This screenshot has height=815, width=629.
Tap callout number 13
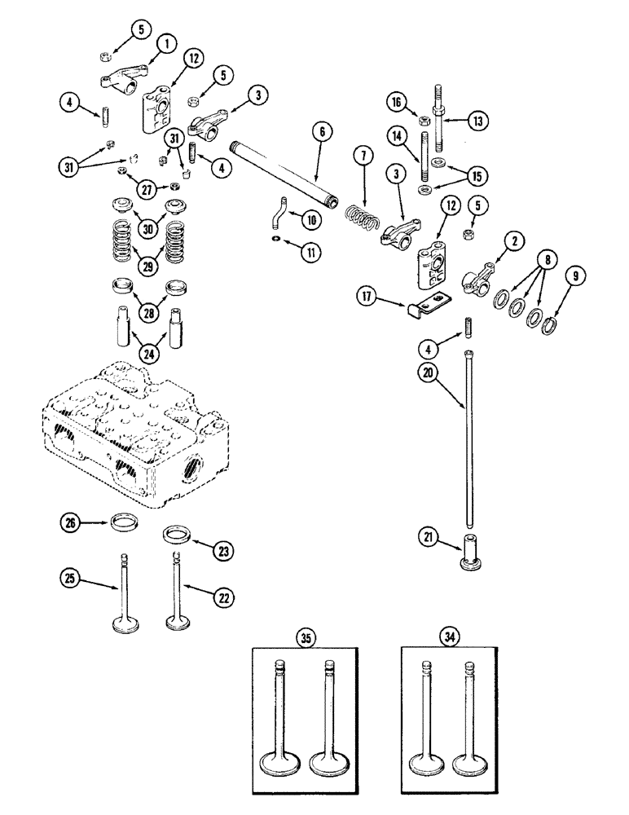tap(478, 121)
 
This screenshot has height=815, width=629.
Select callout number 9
tap(576, 277)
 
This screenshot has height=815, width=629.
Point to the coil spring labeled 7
tap(362, 220)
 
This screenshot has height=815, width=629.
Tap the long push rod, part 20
tap(470, 440)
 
